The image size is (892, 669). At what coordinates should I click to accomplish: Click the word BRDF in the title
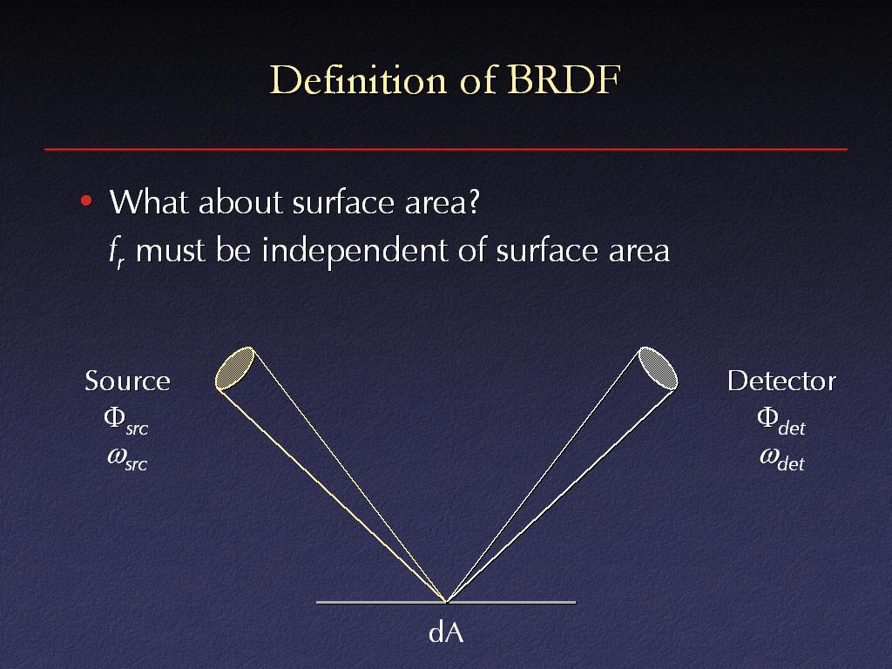(564, 79)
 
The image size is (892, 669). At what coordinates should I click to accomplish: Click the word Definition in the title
(358, 79)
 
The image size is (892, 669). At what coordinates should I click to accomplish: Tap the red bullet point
(86, 200)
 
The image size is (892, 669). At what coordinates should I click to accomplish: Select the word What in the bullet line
(147, 201)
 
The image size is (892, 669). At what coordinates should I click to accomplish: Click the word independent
(354, 251)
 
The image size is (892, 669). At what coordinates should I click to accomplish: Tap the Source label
(127, 381)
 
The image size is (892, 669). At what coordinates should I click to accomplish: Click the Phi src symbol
(125, 421)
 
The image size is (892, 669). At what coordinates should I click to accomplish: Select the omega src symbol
(127, 458)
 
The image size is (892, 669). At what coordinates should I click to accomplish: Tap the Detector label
(781, 381)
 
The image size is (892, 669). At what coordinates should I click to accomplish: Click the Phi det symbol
(781, 422)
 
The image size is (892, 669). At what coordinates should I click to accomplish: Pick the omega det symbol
(781, 458)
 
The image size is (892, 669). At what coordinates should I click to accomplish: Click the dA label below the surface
(446, 632)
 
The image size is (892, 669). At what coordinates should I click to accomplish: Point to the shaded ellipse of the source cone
(234, 368)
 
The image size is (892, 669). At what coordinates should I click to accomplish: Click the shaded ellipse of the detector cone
(659, 368)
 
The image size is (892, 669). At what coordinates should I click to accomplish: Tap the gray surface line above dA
(446, 602)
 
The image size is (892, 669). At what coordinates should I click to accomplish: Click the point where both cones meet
(447, 601)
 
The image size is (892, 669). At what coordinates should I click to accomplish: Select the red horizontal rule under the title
(446, 149)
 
